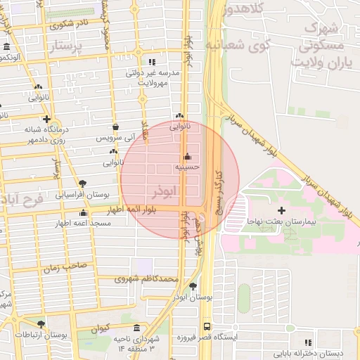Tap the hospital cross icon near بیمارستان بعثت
click(282, 210)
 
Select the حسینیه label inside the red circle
click(188, 167)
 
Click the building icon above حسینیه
click(186, 157)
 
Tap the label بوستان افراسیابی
click(82, 193)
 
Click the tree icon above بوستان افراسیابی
click(83, 183)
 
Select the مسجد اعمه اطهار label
click(82, 223)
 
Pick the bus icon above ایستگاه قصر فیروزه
click(207, 327)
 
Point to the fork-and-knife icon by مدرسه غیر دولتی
click(152, 62)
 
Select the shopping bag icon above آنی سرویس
click(115, 127)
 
